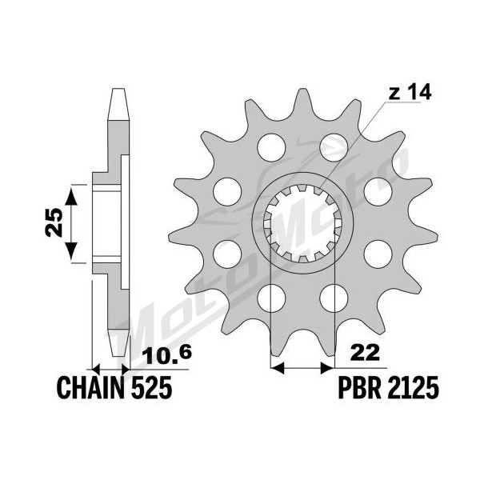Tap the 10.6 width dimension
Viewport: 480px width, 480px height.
click(x=168, y=354)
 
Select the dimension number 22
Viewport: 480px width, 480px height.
click(x=365, y=353)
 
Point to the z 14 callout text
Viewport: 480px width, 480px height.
click(x=410, y=92)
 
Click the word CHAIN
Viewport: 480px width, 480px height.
click(x=91, y=388)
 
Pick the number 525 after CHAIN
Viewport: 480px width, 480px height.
click(x=151, y=388)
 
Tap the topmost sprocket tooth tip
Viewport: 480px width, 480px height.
click(x=302, y=89)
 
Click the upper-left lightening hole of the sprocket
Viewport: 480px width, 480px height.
click(x=271, y=147)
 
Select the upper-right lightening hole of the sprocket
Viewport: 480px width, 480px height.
click(x=334, y=147)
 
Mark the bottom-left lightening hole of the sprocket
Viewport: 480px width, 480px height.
click(x=271, y=298)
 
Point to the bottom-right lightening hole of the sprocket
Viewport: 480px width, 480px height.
click(x=334, y=298)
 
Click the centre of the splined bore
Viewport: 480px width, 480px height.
click(x=302, y=223)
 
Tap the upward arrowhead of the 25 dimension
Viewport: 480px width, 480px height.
click(x=71, y=196)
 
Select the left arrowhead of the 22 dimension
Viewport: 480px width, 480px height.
click(x=278, y=368)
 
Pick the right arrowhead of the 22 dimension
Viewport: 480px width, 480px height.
click(x=327, y=368)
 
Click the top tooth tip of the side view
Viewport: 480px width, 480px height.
click(x=118, y=89)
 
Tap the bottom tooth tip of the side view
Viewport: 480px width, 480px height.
click(x=118, y=356)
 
